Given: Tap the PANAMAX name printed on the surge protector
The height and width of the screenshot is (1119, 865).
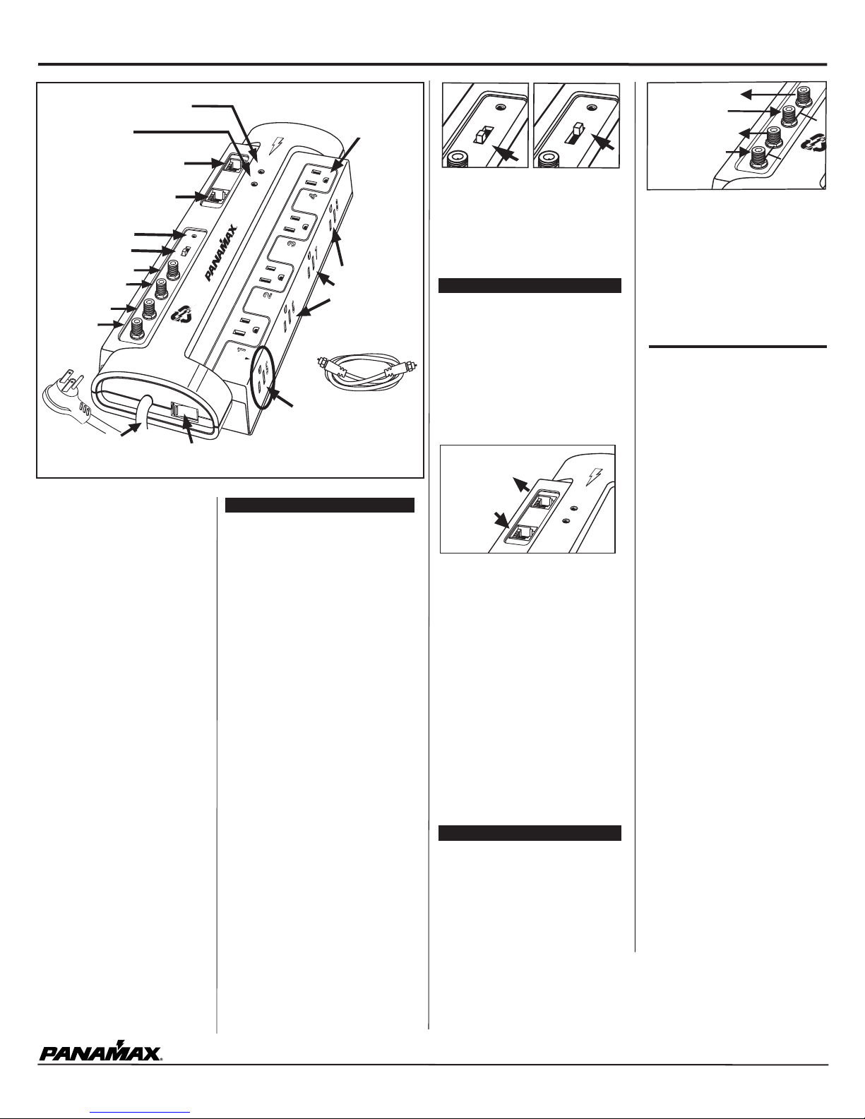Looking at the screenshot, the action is (x=222, y=252).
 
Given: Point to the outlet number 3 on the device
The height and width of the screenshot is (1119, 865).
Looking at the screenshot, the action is (x=291, y=246).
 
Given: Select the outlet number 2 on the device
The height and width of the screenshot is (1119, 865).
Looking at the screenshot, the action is (x=267, y=296).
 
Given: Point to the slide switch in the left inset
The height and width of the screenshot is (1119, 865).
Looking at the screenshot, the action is (x=482, y=136).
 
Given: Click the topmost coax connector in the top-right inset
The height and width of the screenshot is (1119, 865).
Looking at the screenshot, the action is (x=804, y=96).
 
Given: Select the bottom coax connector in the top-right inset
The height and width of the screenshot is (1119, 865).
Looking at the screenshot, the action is (x=758, y=157).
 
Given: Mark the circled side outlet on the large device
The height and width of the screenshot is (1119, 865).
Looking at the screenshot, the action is (x=263, y=376).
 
